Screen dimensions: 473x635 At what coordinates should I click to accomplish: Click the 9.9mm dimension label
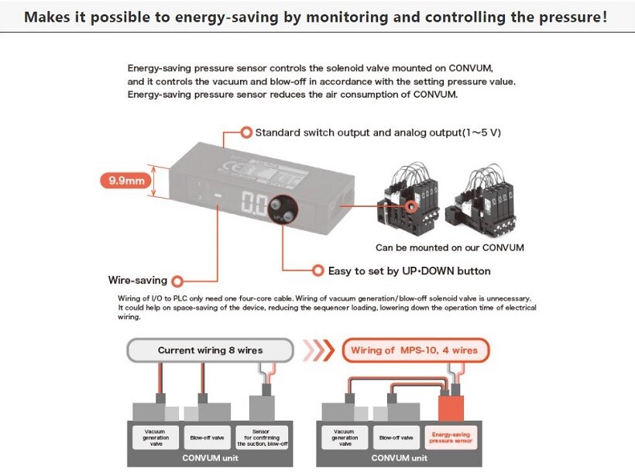[127, 181]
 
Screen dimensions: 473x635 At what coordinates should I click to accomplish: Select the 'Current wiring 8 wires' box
[210, 350]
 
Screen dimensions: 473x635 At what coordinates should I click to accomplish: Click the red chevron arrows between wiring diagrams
[317, 350]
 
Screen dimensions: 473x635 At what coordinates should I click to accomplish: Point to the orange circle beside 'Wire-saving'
[179, 281]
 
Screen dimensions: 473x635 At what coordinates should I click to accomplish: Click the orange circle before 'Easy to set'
[317, 271]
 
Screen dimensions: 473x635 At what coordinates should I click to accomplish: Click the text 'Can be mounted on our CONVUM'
[449, 248]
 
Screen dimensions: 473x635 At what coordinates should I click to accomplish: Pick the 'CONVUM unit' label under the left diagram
[210, 457]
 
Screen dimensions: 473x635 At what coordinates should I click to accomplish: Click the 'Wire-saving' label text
[137, 281]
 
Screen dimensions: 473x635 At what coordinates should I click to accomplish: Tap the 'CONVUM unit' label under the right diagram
[400, 457]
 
